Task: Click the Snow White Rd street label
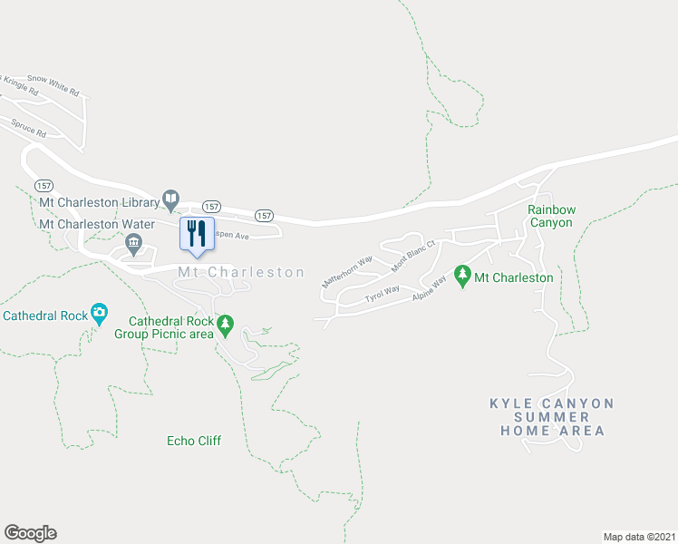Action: [x=53, y=84]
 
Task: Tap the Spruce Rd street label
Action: [x=29, y=130]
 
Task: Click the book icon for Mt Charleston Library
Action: [x=169, y=198]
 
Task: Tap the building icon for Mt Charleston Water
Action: [x=133, y=241]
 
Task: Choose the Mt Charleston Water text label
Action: [x=97, y=223]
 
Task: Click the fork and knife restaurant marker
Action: [x=197, y=233]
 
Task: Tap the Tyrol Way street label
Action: [x=382, y=294]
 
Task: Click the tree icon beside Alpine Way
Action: [x=462, y=274]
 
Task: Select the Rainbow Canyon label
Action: [x=551, y=216]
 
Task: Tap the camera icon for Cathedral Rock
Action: [x=99, y=315]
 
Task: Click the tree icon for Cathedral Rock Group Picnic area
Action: [x=225, y=324]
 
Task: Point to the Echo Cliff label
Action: [x=194, y=442]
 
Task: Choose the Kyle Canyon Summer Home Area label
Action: [x=552, y=417]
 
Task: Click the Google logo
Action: [x=30, y=533]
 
